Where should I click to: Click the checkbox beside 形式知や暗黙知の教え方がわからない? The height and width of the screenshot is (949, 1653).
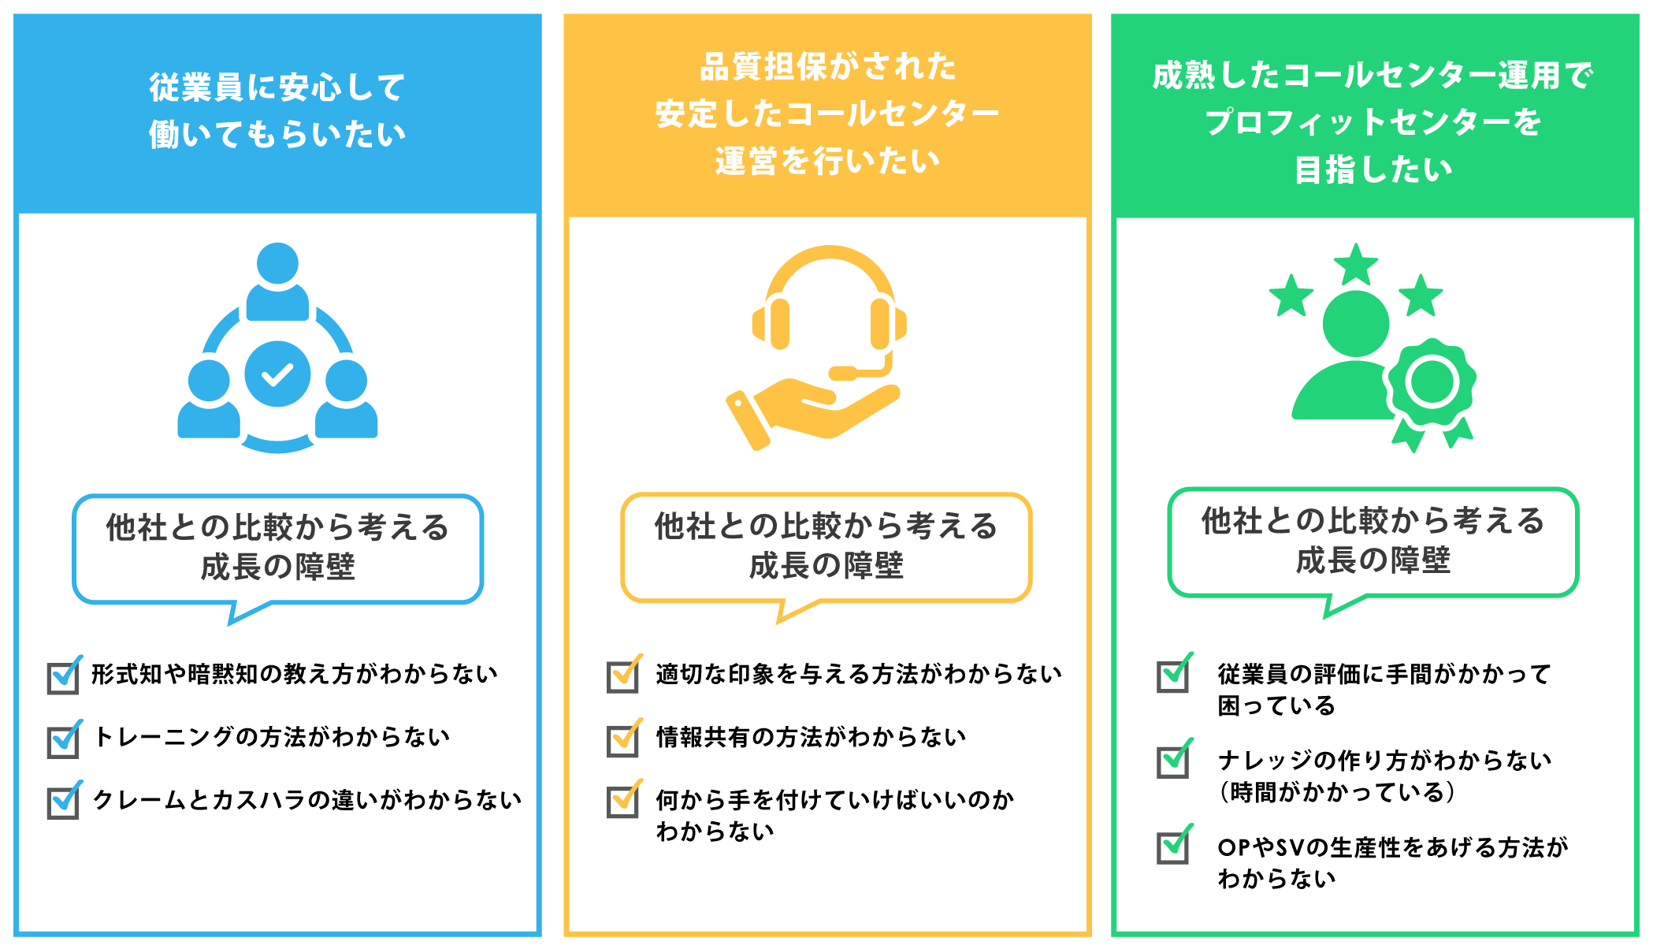63,677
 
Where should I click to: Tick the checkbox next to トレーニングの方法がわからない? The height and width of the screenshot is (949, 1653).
63,741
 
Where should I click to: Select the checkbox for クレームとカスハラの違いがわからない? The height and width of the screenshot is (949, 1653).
63,802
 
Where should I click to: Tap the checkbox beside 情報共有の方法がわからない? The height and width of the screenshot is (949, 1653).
622,740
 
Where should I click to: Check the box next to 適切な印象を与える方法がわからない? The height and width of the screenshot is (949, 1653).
622,676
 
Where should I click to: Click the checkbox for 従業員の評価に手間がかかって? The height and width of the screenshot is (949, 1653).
1172,675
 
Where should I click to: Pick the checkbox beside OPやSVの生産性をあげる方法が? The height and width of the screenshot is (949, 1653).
1172,847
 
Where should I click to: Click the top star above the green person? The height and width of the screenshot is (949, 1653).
1355,265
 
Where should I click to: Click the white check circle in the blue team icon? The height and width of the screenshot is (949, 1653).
277,374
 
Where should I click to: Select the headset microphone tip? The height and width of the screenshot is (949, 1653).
843,373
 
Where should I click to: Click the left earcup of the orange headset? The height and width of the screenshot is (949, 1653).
776,323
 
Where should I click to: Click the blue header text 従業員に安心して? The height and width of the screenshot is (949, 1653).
277,87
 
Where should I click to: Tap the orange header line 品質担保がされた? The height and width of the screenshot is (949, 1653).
827,67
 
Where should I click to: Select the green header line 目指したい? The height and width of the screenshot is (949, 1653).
1373,169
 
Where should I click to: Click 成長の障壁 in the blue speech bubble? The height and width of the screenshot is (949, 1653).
277,567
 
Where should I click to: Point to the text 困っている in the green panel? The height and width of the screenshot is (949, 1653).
1276,705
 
